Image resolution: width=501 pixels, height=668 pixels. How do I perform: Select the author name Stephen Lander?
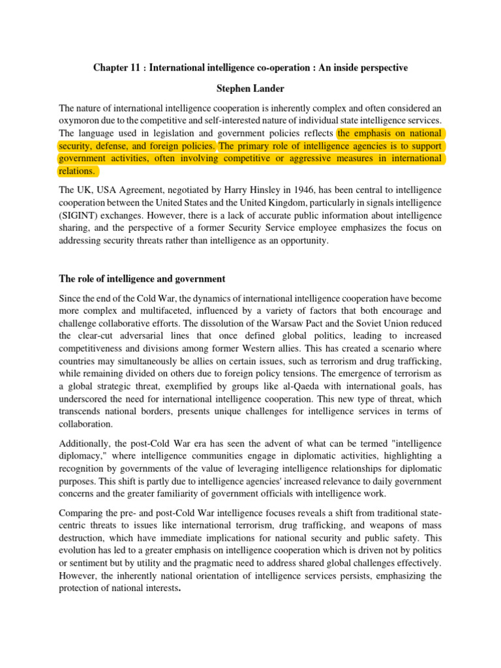pos(250,89)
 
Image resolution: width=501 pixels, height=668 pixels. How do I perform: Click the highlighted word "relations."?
pos(78,172)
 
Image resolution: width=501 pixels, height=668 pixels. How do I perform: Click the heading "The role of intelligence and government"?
pos(142,279)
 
